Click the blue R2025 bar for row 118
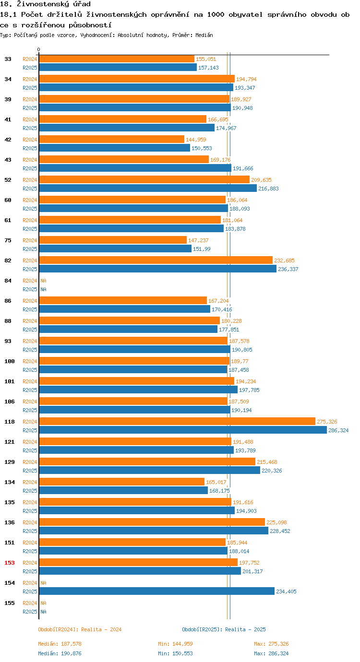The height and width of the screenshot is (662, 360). coord(182,430)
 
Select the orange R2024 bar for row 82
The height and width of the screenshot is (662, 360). coord(156,260)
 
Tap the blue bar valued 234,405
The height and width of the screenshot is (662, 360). coord(156,591)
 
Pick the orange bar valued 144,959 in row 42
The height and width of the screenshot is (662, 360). coord(111,140)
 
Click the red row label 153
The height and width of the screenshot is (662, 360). coord(10,563)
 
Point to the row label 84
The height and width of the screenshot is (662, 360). coord(8,281)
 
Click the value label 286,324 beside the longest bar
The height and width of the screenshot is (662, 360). coord(338,430)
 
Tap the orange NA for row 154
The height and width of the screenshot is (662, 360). coord(43,583)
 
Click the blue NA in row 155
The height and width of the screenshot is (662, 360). coord(43,612)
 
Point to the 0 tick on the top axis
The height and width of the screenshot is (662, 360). coord(39,49)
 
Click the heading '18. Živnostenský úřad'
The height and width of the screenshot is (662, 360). coord(45,4)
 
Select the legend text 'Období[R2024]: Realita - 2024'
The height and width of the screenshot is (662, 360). coord(80,629)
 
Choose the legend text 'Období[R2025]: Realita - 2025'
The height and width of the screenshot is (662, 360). coord(224,629)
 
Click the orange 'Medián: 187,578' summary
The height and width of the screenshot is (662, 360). coord(60,644)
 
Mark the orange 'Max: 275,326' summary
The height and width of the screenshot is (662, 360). coord(271,644)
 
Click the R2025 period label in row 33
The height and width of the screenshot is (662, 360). coord(30,68)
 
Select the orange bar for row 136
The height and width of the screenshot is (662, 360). coord(152,522)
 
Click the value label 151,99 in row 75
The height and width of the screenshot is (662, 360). coord(202,249)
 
